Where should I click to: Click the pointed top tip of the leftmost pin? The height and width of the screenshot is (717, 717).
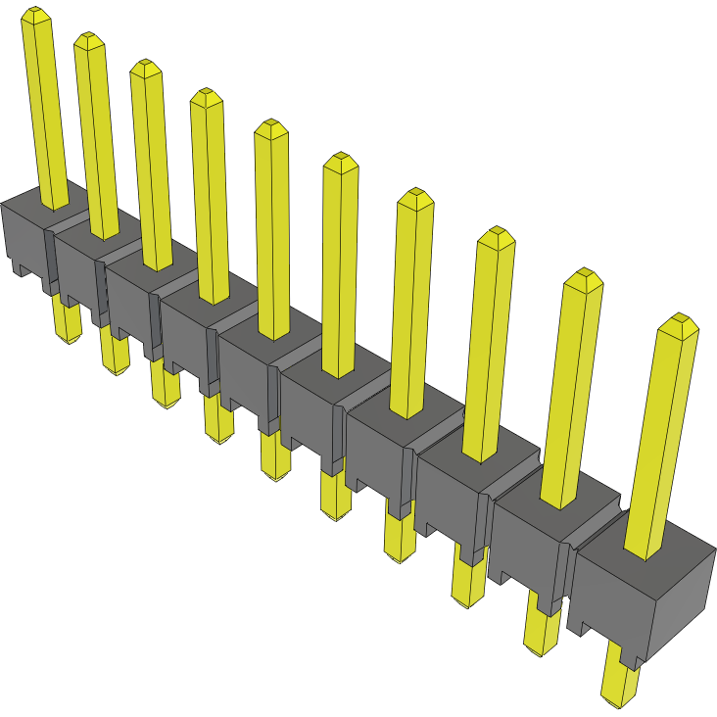(36, 14)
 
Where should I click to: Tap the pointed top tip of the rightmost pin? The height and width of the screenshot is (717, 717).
(678, 323)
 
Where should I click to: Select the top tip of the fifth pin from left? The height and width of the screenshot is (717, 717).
(269, 128)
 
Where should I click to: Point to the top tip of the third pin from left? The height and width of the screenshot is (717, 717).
(145, 68)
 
